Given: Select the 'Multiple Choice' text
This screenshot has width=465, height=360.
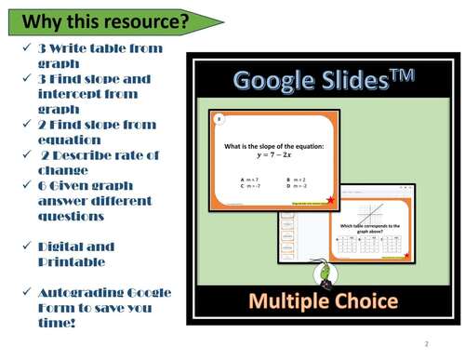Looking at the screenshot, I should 323,301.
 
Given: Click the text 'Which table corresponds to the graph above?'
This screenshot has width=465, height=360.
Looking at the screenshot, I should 369,229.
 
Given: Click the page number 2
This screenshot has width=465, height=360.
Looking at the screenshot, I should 425,343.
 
